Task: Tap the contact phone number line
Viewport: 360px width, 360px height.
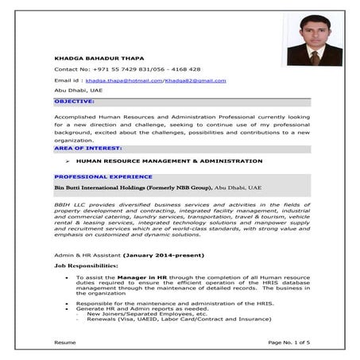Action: pos(127,69)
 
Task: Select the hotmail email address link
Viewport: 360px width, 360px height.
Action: pos(124,80)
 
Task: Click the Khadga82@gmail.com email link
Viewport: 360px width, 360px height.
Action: pos(195,80)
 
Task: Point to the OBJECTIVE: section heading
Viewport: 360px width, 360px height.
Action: pos(74,101)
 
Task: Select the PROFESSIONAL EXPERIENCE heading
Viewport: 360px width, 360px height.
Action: pos(103,176)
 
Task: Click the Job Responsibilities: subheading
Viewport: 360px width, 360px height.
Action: pos(86,265)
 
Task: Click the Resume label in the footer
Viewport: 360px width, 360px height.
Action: pos(64,342)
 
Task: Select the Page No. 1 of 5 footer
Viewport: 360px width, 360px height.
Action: pos(289,342)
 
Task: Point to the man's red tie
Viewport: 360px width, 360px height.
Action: pos(315,57)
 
